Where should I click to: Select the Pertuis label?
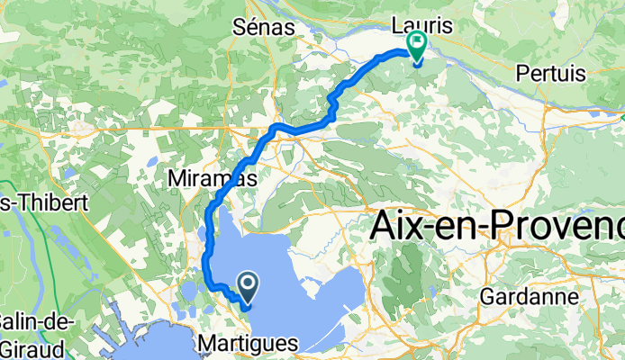point(551,72)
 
